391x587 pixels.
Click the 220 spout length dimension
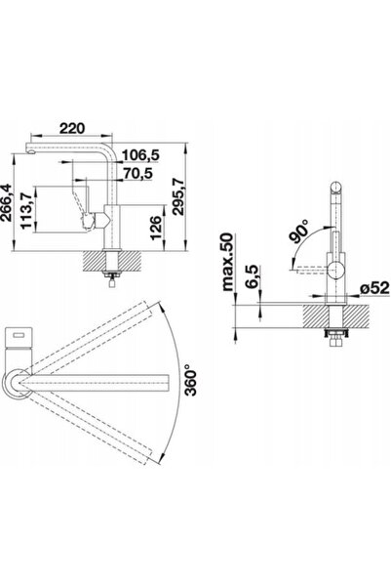tap(72, 128)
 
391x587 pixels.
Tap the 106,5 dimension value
tap(141, 154)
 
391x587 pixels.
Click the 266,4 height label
tap(6, 202)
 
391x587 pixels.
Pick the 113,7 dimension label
tap(26, 211)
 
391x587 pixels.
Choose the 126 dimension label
tap(155, 228)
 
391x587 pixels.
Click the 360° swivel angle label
tap(191, 379)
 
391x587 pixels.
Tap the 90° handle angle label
tap(299, 232)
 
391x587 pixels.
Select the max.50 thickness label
tap(227, 262)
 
